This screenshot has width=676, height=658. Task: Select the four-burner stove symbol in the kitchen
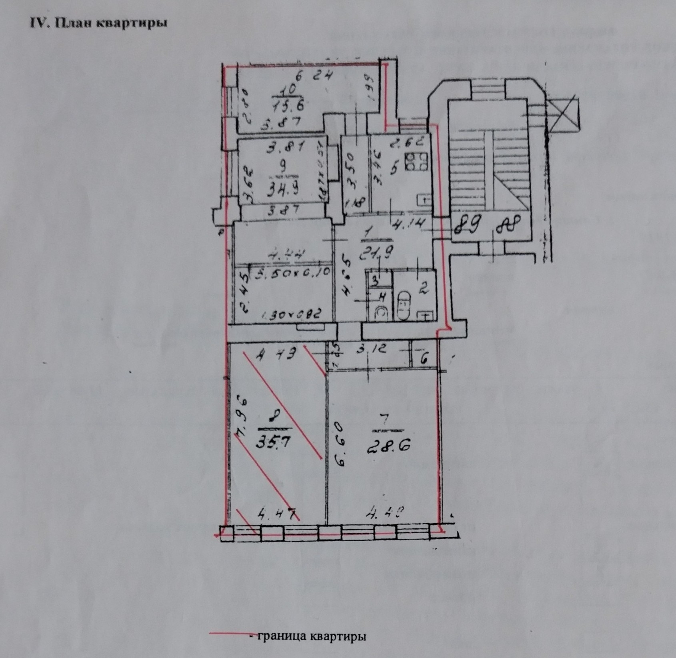(416, 162)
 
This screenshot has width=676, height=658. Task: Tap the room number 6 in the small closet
(424, 359)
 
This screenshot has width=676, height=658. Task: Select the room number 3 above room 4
(375, 280)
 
